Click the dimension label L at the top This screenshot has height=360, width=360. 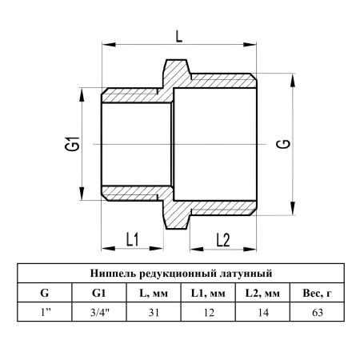179,36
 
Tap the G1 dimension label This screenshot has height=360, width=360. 72,143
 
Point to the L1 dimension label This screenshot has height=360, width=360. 132,239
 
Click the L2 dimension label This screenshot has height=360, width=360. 223,240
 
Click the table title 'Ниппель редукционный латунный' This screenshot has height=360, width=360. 181,274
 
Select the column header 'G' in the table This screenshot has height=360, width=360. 45,293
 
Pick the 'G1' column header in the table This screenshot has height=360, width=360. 98,293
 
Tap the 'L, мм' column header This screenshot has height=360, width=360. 154,294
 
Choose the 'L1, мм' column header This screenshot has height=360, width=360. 208,294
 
